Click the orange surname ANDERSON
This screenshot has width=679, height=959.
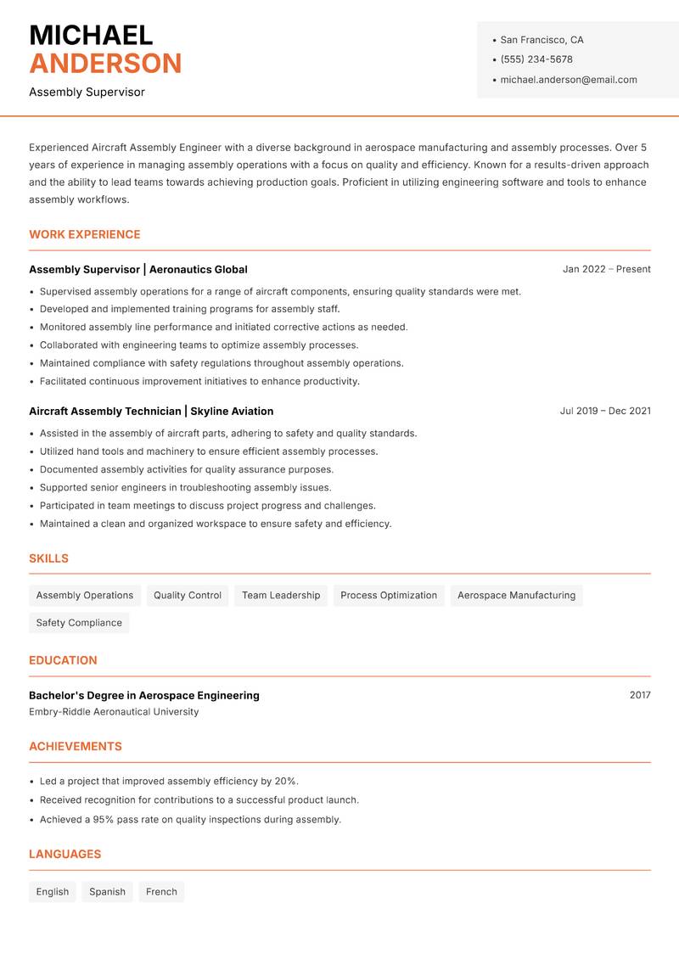pyautogui.click(x=105, y=64)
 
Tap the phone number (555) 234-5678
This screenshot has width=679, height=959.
pyautogui.click(x=536, y=59)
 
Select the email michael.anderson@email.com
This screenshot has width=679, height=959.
pyautogui.click(x=568, y=80)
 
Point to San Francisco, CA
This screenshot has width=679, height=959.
pyautogui.click(x=542, y=40)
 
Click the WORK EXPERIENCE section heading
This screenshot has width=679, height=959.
pyautogui.click(x=85, y=234)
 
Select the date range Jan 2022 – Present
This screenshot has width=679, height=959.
pyautogui.click(x=606, y=269)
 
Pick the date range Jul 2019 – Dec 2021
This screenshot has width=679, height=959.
pyautogui.click(x=605, y=411)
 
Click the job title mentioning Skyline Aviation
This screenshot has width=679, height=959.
pyautogui.click(x=151, y=411)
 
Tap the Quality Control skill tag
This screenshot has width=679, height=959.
pyautogui.click(x=188, y=595)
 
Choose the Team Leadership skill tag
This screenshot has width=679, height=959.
pyautogui.click(x=281, y=595)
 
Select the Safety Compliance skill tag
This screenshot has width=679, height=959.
pyautogui.click(x=79, y=622)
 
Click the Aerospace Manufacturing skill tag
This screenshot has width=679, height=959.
pyautogui.click(x=516, y=595)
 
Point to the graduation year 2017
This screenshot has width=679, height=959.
pyautogui.click(x=640, y=695)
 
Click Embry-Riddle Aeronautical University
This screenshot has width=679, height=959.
pyautogui.click(x=114, y=712)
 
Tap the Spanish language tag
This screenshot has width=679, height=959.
pyautogui.click(x=107, y=891)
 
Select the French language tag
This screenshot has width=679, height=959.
pyautogui.click(x=161, y=891)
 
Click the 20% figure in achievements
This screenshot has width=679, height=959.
pyautogui.click(x=286, y=781)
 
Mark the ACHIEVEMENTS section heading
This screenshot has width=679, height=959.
pyautogui.click(x=76, y=746)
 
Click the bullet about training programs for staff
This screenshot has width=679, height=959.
pyautogui.click(x=189, y=309)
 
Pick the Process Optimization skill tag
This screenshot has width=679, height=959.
pyautogui.click(x=389, y=595)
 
